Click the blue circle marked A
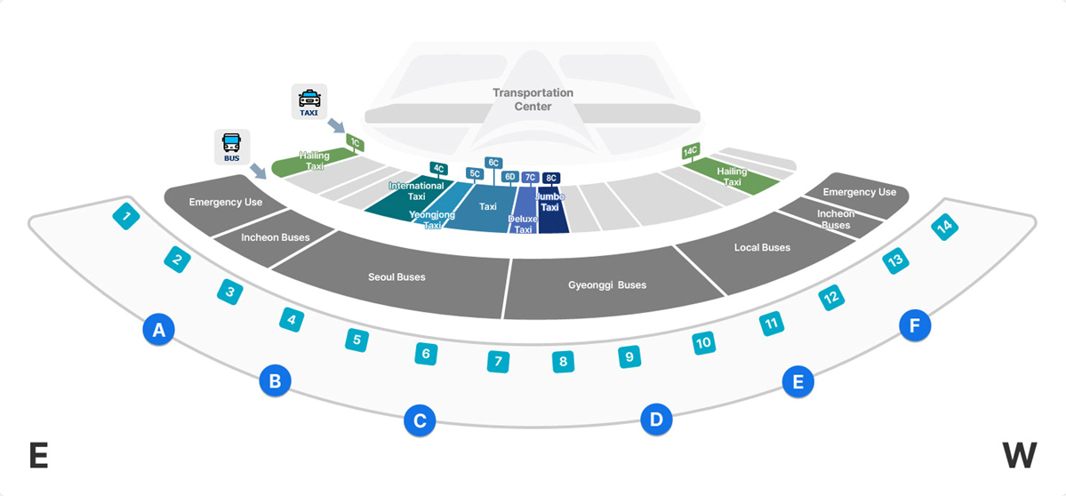158,331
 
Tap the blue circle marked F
914,326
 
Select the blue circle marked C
420,420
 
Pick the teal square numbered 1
127,216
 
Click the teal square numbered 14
944,228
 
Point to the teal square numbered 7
498,362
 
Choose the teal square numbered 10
703,342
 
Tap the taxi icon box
309,101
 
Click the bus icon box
231,147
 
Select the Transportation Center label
533,100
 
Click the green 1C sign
355,142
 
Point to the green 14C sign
690,152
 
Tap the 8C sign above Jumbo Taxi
551,178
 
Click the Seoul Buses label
397,277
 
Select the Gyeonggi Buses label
607,285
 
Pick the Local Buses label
762,248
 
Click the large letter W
1019,456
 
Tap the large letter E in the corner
38,456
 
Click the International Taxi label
416,191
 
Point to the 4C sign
438,168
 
